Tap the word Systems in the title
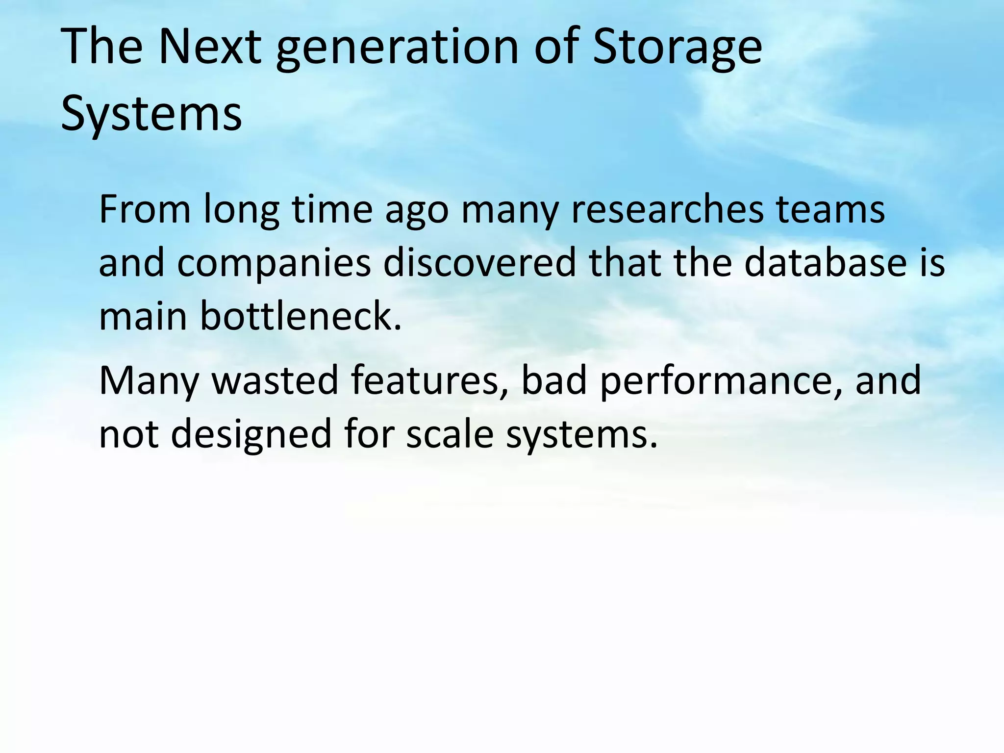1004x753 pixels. (x=151, y=114)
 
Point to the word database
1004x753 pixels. (x=826, y=263)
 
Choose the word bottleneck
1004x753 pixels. (x=301, y=316)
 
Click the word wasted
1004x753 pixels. (x=275, y=381)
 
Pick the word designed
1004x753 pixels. (x=251, y=434)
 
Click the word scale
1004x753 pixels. (x=450, y=434)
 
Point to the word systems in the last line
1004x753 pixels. (x=581, y=434)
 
